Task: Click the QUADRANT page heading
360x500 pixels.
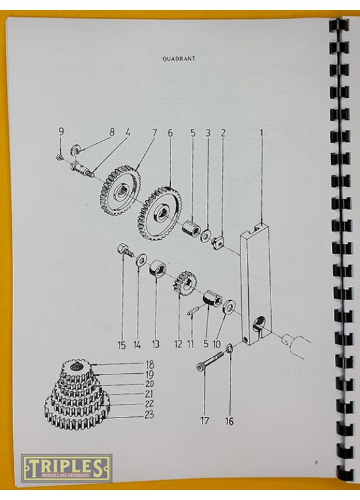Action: point(179,59)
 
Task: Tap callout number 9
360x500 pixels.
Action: point(61,131)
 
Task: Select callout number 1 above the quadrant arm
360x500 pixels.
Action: point(261,133)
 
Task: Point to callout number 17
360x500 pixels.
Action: point(204,421)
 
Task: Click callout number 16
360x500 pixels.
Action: point(229,421)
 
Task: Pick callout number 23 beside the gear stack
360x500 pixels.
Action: point(149,414)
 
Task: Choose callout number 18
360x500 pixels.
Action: point(149,364)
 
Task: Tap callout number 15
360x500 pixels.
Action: point(121,345)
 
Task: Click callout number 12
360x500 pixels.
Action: point(178,344)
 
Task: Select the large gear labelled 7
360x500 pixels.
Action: point(120,191)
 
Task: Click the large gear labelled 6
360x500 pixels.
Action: point(159,214)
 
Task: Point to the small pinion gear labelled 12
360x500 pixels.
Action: point(185,282)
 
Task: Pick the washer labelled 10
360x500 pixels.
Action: point(229,306)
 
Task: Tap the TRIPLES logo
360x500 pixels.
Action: point(66,468)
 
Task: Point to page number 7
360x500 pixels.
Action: point(316,462)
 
